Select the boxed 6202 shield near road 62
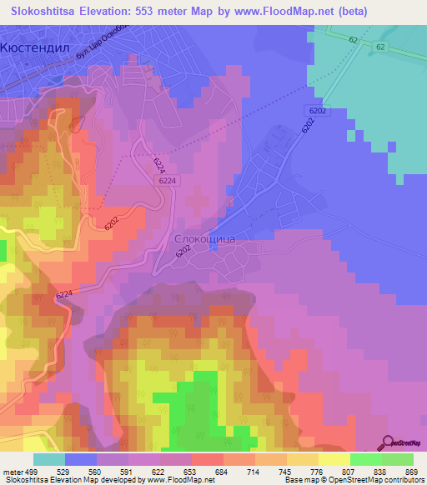[317, 110]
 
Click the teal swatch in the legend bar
[48, 459]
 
